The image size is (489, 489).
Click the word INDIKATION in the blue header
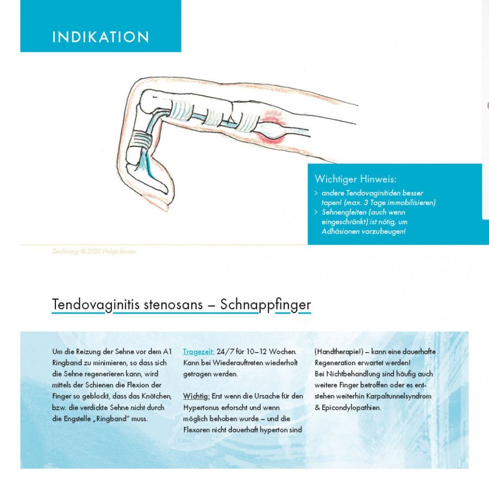click(x=101, y=37)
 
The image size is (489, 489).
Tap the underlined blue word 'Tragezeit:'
click(x=198, y=352)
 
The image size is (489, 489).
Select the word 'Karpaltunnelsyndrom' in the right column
click(x=400, y=396)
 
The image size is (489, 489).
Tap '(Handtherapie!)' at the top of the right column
click(x=338, y=352)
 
